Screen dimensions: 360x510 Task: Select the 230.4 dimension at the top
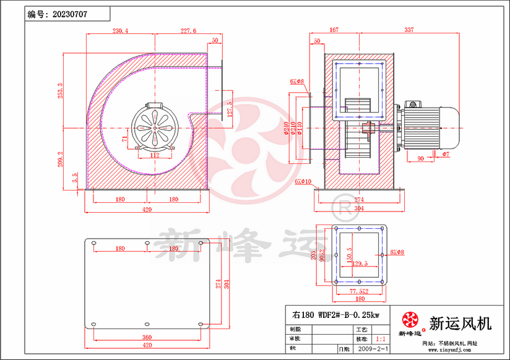120,30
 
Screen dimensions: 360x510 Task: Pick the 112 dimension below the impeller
155,155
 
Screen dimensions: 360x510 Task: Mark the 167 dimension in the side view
334,30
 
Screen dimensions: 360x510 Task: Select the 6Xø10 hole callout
303,181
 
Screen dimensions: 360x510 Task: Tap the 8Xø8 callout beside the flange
397,252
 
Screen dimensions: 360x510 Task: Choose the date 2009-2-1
374,349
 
